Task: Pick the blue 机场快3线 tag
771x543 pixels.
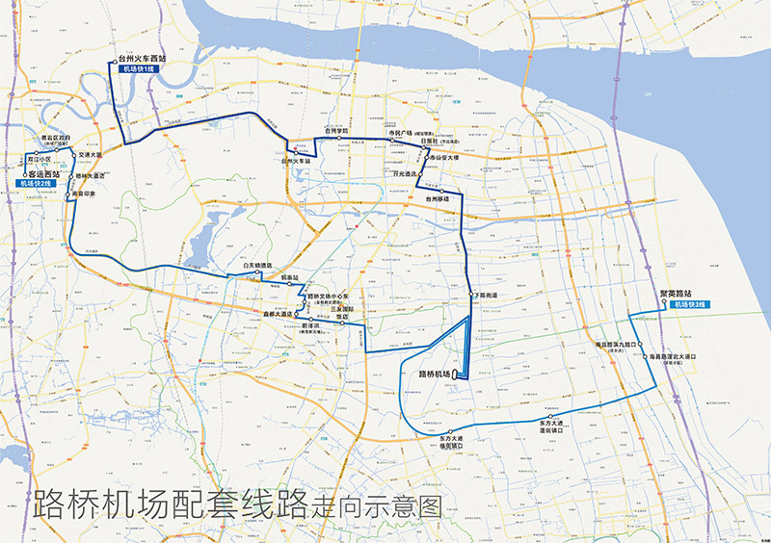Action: pyautogui.click(x=690, y=304)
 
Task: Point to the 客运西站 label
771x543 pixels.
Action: pyautogui.click(x=50, y=173)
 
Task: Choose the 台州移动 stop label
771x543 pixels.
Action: pyautogui.click(x=439, y=199)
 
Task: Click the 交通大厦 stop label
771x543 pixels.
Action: pyautogui.click(x=92, y=154)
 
